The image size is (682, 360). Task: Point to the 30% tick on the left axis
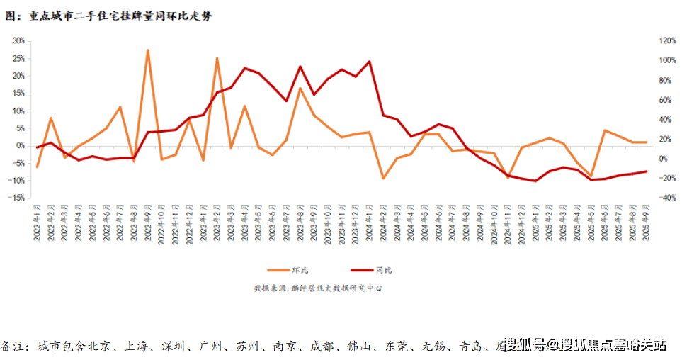pos(18,40)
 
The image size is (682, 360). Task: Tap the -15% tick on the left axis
pos(17,198)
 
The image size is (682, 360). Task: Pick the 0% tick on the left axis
pos(21,145)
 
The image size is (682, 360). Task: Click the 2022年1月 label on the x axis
pos(37,223)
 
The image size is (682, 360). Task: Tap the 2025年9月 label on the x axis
pos(645,223)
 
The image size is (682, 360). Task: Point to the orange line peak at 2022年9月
pos(147,50)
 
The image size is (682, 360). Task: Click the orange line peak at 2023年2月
pos(217,59)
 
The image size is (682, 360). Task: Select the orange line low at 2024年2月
pos(383,178)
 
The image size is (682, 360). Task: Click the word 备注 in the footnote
pos(14,346)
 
